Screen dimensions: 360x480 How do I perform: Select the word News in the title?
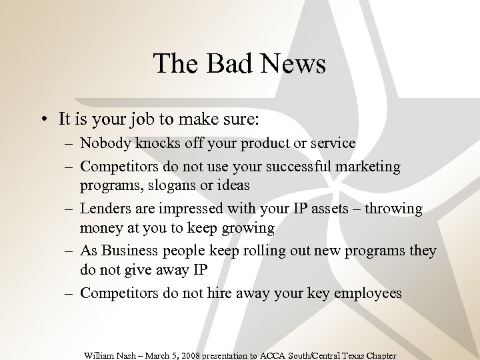[293, 64]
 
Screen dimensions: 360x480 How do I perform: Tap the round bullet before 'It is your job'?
[42, 120]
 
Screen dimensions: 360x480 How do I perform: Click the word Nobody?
[103, 143]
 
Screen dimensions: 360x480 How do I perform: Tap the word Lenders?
[103, 209]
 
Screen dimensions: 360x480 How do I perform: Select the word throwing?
[393, 209]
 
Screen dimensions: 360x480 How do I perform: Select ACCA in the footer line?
[279, 355]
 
